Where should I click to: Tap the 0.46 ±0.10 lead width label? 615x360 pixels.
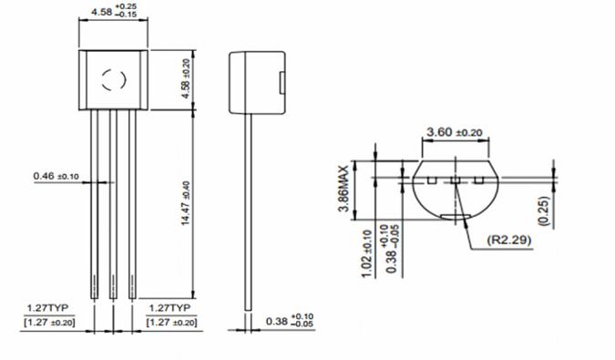[x=56, y=175]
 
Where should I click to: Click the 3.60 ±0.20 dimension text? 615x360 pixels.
[x=454, y=133]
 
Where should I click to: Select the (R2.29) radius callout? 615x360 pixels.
[x=508, y=242]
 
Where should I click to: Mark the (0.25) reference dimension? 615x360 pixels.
[x=544, y=210]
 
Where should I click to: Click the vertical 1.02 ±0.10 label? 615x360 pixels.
[x=368, y=252]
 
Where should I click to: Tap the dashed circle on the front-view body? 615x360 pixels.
[x=113, y=79]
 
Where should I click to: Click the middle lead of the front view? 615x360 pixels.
[x=113, y=201]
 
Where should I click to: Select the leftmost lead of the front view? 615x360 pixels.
[x=95, y=201]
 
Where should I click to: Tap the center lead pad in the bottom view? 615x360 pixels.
[x=453, y=181]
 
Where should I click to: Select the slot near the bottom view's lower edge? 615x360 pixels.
[x=453, y=216]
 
